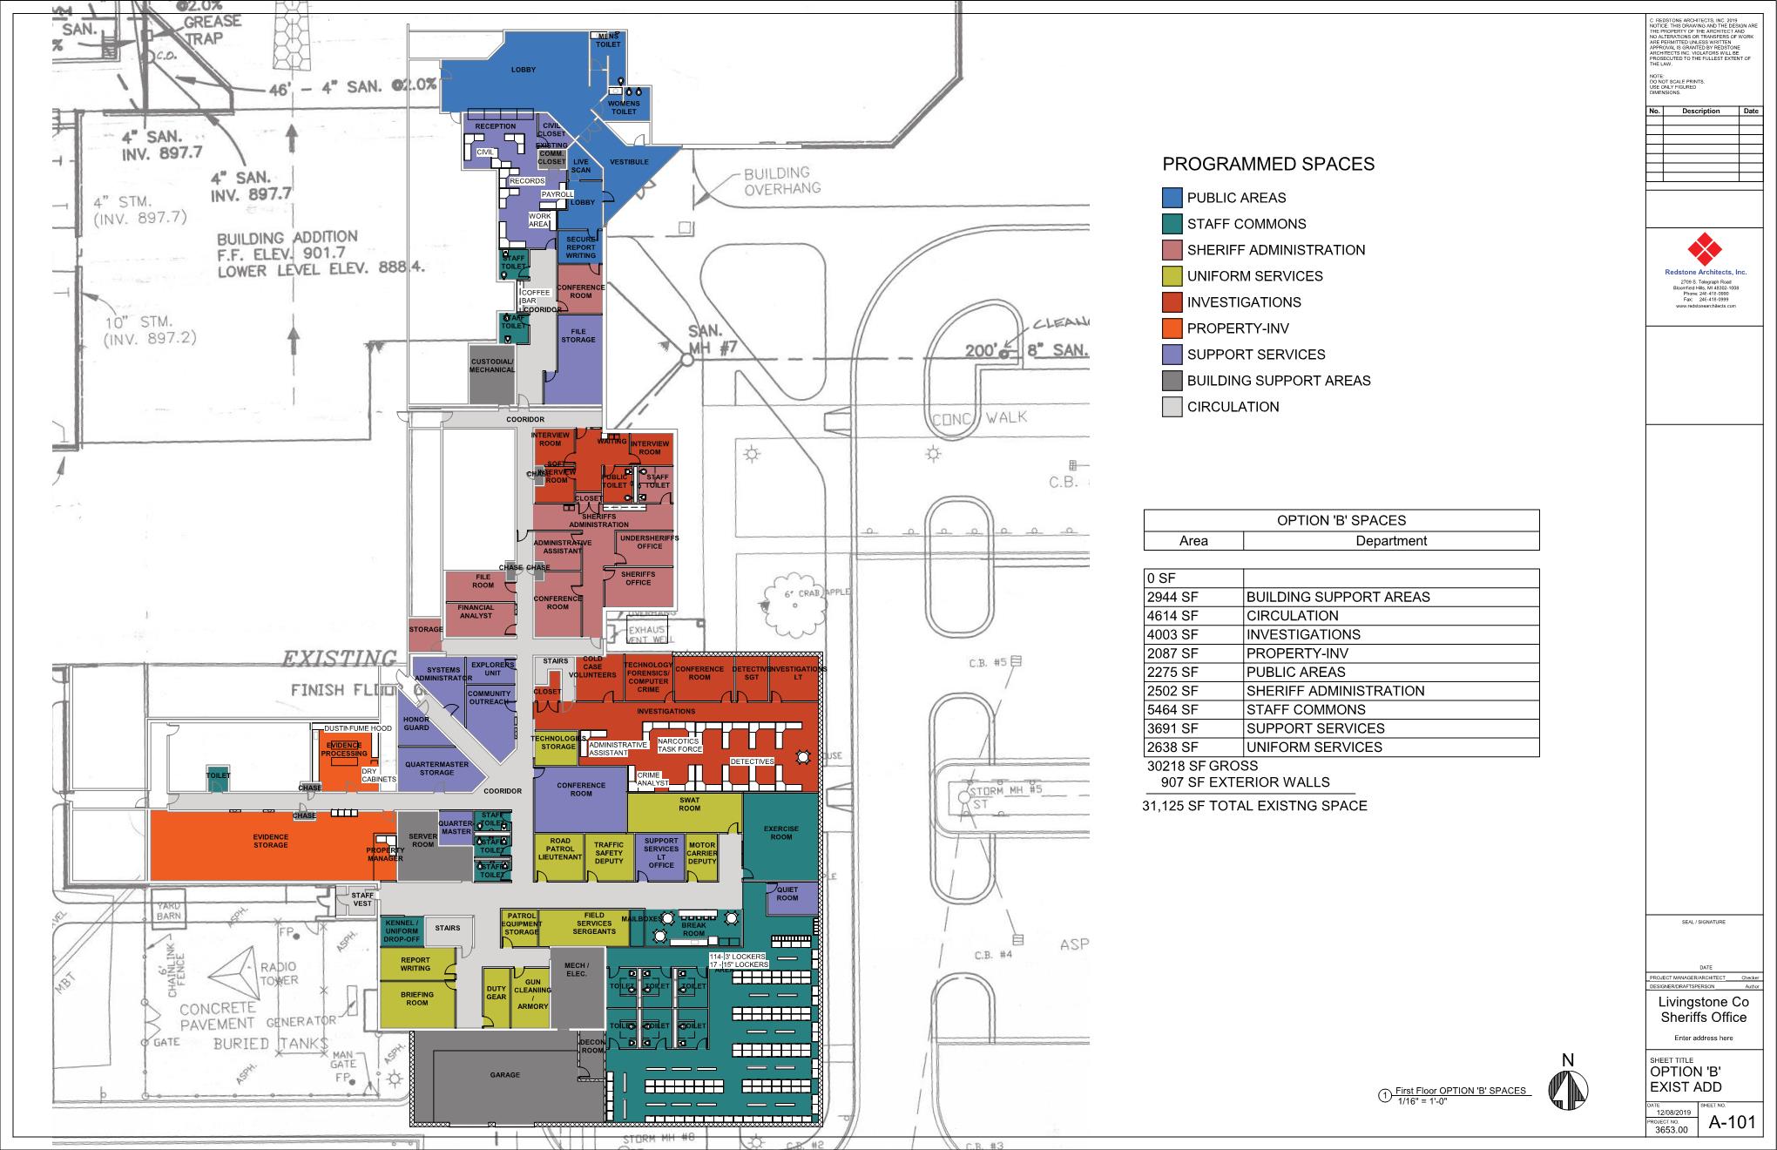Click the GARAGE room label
(504, 1075)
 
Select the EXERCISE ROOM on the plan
(780, 833)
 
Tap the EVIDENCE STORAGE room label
(270, 841)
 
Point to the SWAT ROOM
(689, 804)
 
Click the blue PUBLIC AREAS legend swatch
(1172, 198)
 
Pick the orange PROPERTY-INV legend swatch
(1172, 328)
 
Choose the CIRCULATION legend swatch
(1172, 407)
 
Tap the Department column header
(1390, 541)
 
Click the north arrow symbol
(1568, 1089)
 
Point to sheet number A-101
(1731, 1122)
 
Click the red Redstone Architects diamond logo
(1705, 250)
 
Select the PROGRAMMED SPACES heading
(1268, 165)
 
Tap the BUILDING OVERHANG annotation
(780, 180)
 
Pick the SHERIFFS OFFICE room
(638, 578)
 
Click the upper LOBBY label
(523, 70)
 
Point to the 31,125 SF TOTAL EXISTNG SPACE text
(1254, 806)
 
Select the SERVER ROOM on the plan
(422, 841)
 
